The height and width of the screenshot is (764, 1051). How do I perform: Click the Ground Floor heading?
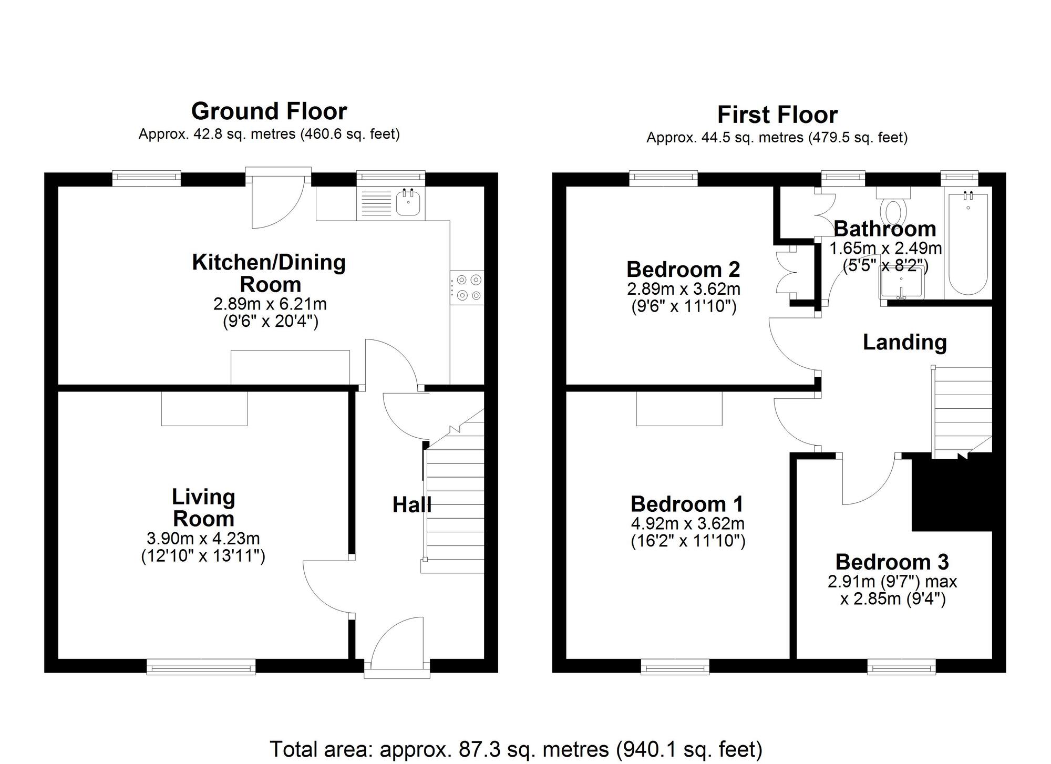click(x=269, y=111)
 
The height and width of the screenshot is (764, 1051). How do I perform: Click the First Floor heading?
click(x=777, y=115)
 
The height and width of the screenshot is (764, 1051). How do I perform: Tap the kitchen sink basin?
click(x=408, y=203)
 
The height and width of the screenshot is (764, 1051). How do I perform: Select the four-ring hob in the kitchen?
click(x=467, y=287)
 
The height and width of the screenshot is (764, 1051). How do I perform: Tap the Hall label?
click(x=411, y=505)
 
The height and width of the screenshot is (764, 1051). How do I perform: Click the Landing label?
click(x=904, y=342)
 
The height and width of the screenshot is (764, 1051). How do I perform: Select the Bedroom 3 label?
click(x=892, y=562)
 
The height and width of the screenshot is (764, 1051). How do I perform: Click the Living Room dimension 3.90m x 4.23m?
click(x=203, y=538)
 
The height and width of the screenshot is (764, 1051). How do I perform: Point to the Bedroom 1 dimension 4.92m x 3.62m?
click(x=687, y=523)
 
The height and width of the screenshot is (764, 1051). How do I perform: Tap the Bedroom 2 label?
click(x=683, y=270)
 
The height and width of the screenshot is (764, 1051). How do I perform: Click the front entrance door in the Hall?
click(x=397, y=644)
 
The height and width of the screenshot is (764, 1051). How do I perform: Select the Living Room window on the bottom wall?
click(x=201, y=668)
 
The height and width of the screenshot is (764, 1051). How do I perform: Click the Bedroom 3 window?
click(x=901, y=668)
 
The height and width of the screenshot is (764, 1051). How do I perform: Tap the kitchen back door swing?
click(x=276, y=202)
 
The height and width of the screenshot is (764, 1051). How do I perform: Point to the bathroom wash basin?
click(x=901, y=284)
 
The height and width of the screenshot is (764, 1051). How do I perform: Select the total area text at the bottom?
click(x=516, y=749)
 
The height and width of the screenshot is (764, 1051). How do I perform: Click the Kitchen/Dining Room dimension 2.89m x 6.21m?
click(x=270, y=304)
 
